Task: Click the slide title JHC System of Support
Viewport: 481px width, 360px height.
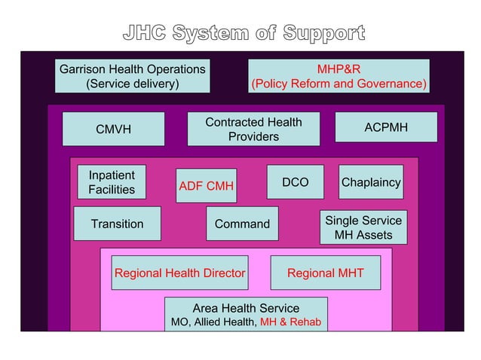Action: pyautogui.click(x=244, y=34)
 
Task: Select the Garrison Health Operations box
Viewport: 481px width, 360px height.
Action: pyautogui.click(x=133, y=76)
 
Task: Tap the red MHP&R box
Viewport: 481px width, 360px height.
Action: pyautogui.click(x=339, y=76)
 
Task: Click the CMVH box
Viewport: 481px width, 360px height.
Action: pyautogui.click(x=113, y=129)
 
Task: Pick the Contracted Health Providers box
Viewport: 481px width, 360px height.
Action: pyautogui.click(x=253, y=129)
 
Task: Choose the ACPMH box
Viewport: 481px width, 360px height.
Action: pyautogui.click(x=385, y=127)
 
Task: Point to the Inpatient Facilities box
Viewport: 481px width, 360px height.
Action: pyautogui.click(x=112, y=182)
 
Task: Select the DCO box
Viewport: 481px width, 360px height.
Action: pyautogui.click(x=295, y=182)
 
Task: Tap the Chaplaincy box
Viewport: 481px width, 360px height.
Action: pyautogui.click(x=371, y=182)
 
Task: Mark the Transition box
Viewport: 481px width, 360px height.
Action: pyautogui.click(x=117, y=224)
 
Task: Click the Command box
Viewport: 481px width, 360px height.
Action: pyautogui.click(x=242, y=224)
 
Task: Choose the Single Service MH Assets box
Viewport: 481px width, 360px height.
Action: pyautogui.click(x=363, y=227)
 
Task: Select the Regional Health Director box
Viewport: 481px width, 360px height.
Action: pyautogui.click(x=179, y=273)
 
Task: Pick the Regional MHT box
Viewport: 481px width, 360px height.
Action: pyautogui.click(x=325, y=273)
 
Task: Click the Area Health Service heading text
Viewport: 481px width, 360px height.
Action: pyautogui.click(x=246, y=308)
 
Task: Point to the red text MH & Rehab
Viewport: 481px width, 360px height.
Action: pyautogui.click(x=290, y=322)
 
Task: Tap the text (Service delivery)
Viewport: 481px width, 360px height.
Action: pyautogui.click(x=133, y=84)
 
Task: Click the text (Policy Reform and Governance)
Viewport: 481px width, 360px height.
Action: pyautogui.click(x=339, y=84)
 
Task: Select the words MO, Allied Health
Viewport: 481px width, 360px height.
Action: pyautogui.click(x=213, y=322)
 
